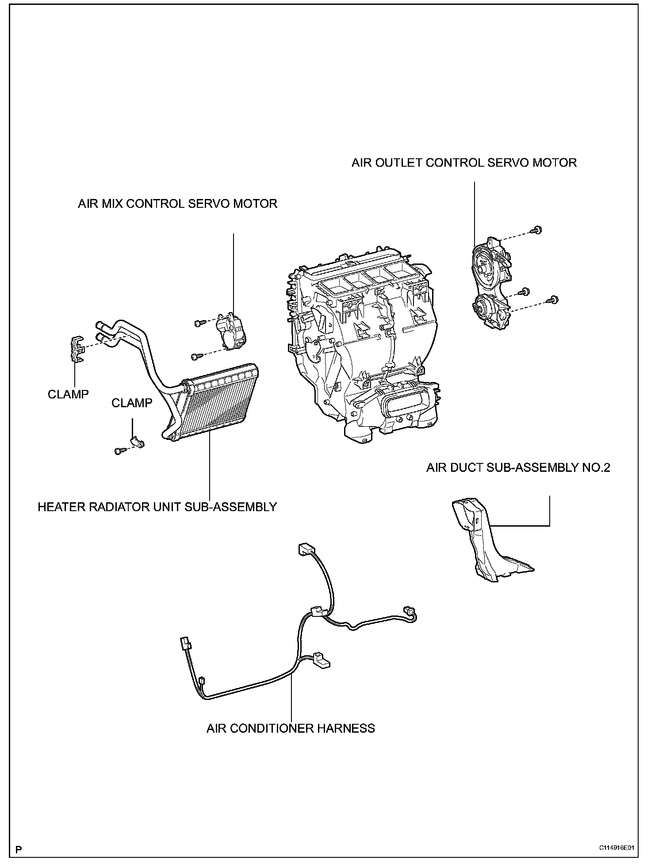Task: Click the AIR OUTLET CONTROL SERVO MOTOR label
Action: tap(464, 163)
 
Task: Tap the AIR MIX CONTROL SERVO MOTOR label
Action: tap(177, 204)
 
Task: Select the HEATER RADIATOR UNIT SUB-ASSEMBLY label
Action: tap(157, 507)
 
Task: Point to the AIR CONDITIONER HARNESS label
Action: tap(291, 728)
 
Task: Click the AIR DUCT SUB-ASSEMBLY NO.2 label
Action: tap(518, 468)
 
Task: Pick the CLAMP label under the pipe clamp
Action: tap(68, 394)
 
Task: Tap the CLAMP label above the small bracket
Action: tap(132, 403)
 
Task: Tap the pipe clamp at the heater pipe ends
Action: tap(77, 348)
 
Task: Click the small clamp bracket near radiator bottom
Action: tap(137, 442)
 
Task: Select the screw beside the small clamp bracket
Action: tap(119, 451)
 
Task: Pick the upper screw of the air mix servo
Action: tap(198, 323)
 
